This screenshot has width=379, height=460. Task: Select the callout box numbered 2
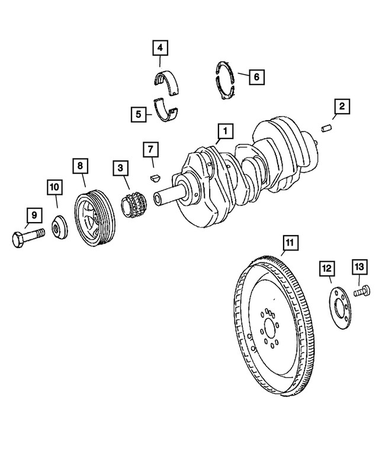point(341,108)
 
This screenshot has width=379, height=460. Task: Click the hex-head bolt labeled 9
point(27,239)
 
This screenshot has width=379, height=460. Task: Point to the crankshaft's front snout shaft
point(168,195)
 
